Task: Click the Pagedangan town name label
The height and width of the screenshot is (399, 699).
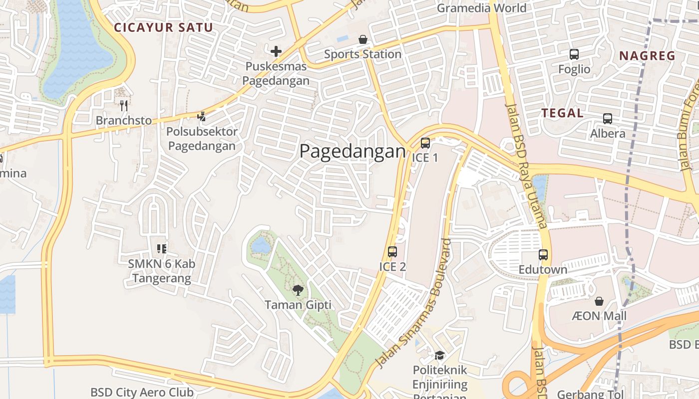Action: [x=352, y=151]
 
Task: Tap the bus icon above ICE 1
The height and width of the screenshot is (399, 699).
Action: [x=425, y=143]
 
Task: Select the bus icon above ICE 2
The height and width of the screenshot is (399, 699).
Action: [x=392, y=252]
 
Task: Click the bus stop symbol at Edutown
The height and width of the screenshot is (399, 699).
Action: [x=543, y=255]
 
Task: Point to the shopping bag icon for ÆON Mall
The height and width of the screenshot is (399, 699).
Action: [x=599, y=301]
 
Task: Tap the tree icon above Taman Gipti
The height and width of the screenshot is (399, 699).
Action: [x=298, y=290]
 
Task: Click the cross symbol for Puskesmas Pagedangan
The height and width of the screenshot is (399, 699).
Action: [x=276, y=51]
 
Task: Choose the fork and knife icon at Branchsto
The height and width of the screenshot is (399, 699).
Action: [x=124, y=105]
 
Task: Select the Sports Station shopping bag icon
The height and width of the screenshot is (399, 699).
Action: [x=363, y=39]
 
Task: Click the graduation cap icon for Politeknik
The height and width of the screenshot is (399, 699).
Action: [x=439, y=355]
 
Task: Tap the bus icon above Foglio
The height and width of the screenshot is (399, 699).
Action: [x=574, y=54]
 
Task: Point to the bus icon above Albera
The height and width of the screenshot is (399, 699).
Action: [x=608, y=119]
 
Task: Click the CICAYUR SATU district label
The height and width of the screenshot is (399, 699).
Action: [x=164, y=27]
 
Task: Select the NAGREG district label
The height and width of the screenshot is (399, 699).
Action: [x=647, y=56]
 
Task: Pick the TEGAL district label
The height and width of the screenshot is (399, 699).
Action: [x=563, y=113]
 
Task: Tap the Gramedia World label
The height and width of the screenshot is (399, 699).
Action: [x=481, y=8]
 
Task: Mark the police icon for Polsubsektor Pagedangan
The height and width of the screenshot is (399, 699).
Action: [x=201, y=117]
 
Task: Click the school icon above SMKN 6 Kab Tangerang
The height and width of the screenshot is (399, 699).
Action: [x=161, y=248]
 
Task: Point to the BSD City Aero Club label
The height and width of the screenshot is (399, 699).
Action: [x=142, y=393]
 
